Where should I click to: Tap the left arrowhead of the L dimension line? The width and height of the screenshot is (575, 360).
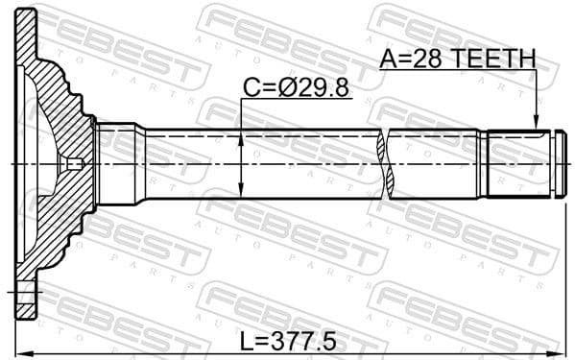(x=22, y=348)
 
